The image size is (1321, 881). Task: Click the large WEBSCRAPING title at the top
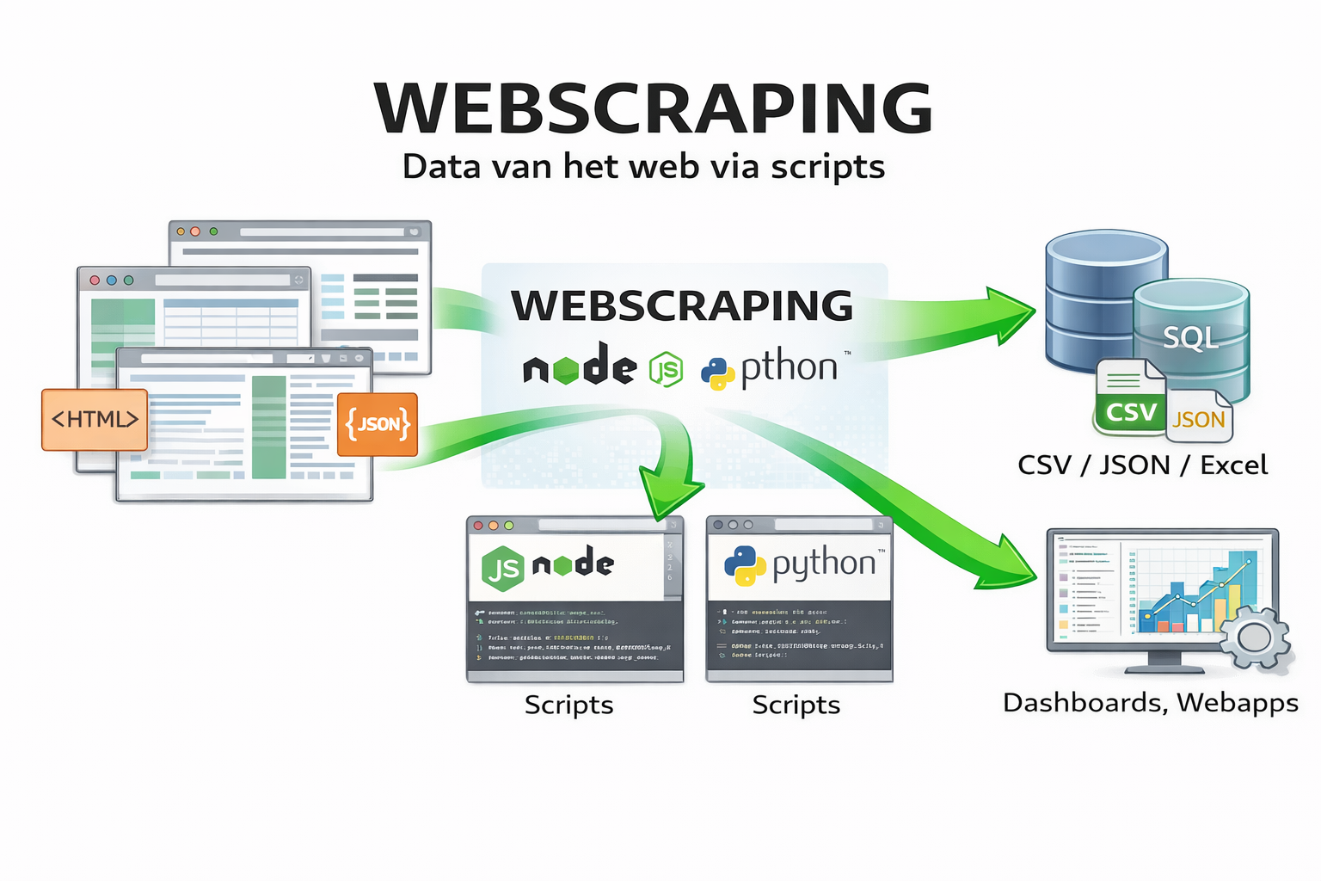654,109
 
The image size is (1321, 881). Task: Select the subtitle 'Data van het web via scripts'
643,167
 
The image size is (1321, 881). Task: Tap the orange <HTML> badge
95,420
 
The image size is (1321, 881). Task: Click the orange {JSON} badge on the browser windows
378,424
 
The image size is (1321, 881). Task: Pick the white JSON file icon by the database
1200,417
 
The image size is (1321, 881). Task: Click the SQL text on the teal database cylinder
1191,337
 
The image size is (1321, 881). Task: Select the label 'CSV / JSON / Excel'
1142,465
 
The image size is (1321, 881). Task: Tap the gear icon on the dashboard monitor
1255,638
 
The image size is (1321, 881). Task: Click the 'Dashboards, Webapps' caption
1150,703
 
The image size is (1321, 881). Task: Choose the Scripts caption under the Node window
568,705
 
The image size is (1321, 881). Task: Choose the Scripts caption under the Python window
796,705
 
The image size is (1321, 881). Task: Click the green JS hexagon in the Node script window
503,568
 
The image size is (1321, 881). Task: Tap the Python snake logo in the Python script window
745,565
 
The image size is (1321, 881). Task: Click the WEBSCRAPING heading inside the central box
682,305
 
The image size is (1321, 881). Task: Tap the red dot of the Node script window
479,525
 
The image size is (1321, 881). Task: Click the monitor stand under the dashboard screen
1164,662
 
